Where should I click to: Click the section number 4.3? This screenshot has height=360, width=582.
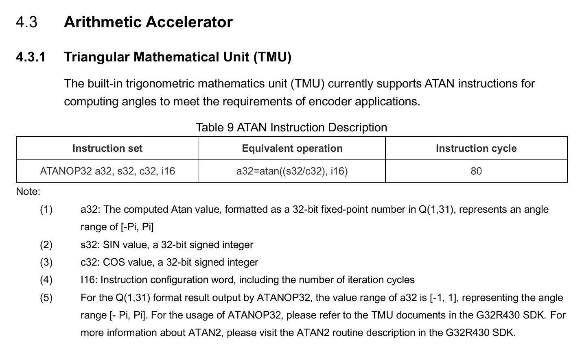[x=26, y=22]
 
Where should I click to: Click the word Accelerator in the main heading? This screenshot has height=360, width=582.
[x=189, y=22]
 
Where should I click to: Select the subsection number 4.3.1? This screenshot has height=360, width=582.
[x=31, y=57]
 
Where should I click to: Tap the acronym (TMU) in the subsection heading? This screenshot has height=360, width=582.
[x=273, y=57]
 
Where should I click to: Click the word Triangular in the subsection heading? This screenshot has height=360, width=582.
[x=96, y=57]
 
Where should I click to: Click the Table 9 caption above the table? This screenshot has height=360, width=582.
[x=291, y=128]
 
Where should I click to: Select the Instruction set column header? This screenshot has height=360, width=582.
[x=107, y=148]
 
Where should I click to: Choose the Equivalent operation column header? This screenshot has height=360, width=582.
[x=292, y=148]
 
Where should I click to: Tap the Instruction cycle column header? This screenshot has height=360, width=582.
[x=476, y=148]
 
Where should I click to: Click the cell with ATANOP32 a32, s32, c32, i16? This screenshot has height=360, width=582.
[x=107, y=171]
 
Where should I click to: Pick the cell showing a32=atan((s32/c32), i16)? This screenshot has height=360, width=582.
[x=292, y=171]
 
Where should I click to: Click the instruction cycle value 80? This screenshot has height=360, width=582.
[x=476, y=171]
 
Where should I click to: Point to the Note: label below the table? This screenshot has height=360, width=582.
[x=28, y=192]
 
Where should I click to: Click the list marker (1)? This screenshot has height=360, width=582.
[x=46, y=209]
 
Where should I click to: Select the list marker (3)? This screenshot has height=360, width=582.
[x=46, y=262]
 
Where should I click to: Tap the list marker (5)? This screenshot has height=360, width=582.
[x=46, y=298]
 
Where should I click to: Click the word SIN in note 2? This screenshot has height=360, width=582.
[x=110, y=244]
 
